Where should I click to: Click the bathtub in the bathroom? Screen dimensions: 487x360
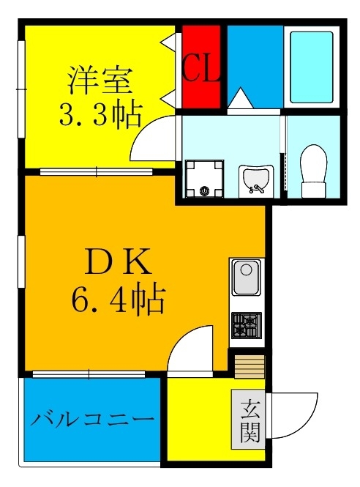click(311, 66)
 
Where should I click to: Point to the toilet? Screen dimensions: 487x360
click(313, 170)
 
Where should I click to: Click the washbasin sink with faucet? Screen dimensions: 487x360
click(255, 180)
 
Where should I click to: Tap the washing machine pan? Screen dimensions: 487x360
click(203, 180)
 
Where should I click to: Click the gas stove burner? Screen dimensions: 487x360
click(247, 324)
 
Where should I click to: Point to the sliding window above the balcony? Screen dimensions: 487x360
click(91, 374)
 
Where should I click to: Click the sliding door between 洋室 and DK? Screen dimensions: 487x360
click(95, 172)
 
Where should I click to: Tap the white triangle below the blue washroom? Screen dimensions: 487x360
click(239, 100)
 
